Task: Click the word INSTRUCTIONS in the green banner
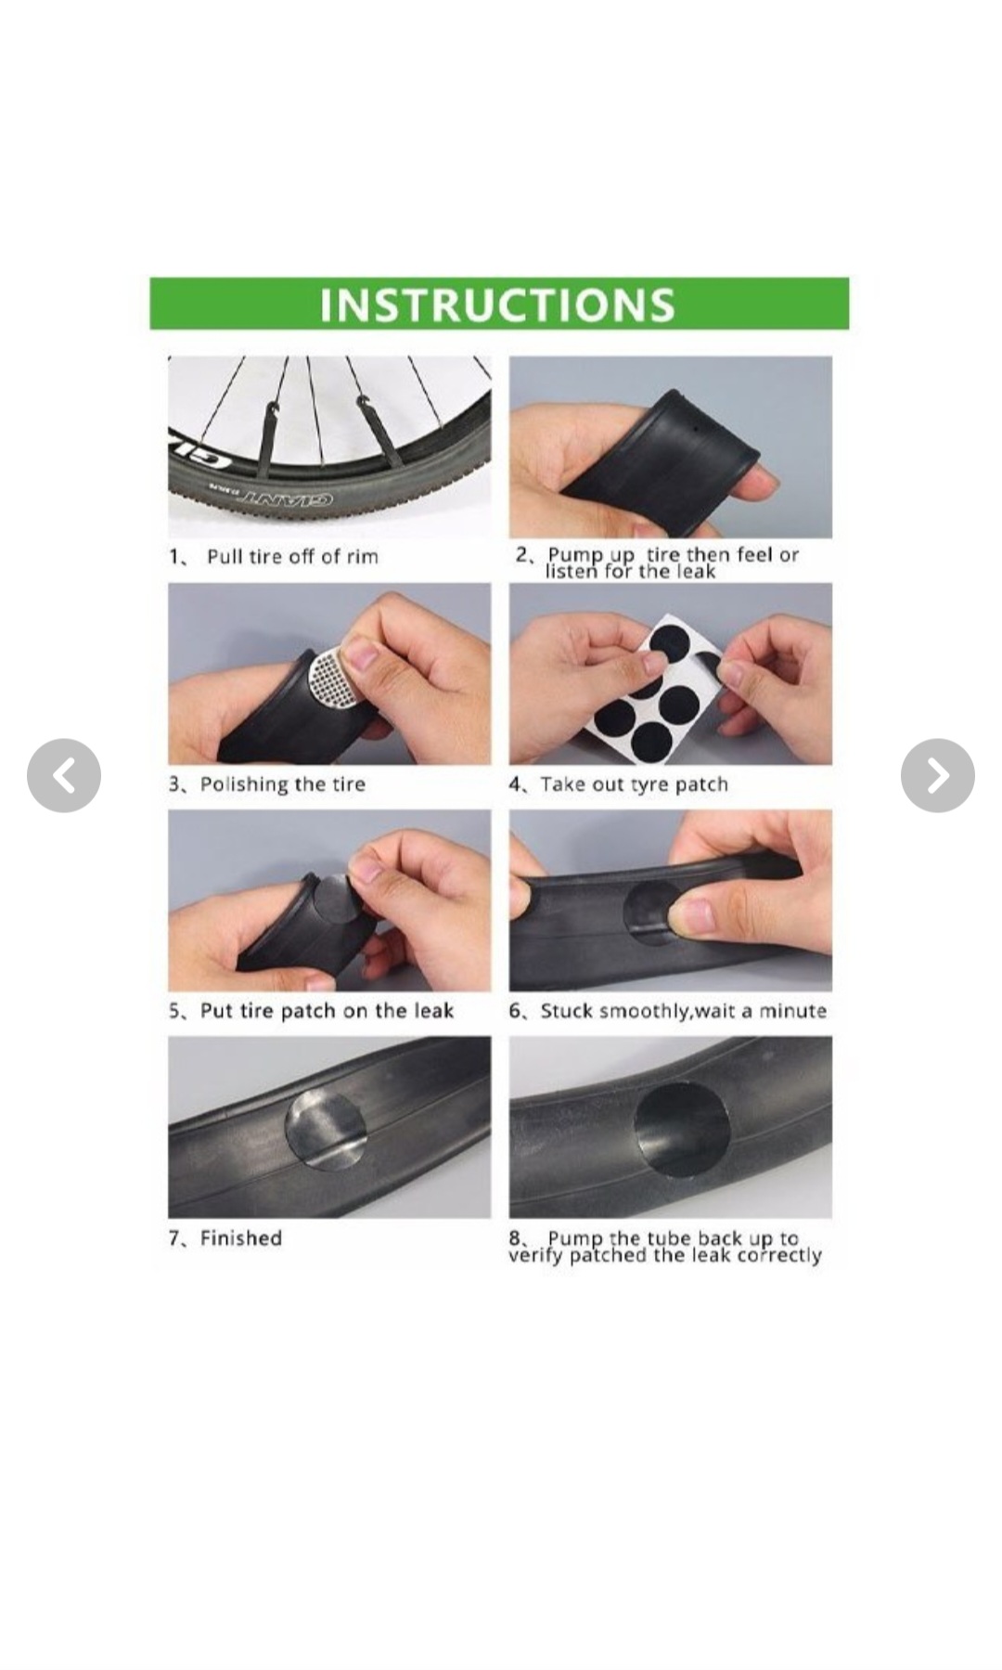(x=497, y=304)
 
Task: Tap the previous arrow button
(x=64, y=775)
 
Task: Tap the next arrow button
(x=937, y=775)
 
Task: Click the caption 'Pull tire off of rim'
(x=292, y=556)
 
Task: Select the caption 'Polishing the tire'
(x=283, y=784)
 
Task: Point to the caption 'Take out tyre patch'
(x=635, y=784)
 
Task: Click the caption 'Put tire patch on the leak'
(x=327, y=1010)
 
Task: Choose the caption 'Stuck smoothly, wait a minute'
(x=684, y=1010)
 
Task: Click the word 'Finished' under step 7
(x=241, y=1237)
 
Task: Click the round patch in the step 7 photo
(x=326, y=1128)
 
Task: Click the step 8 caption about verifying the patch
(x=665, y=1247)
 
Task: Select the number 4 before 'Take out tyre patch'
(x=515, y=784)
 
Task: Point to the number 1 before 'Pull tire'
(x=173, y=556)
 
